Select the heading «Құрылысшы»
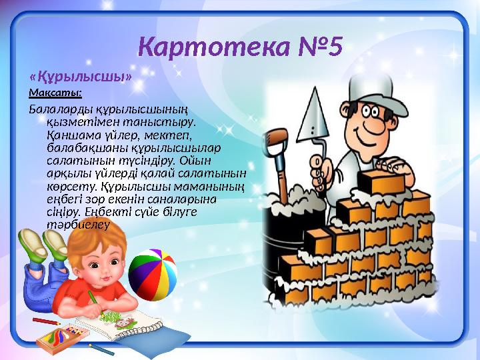(80, 76)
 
